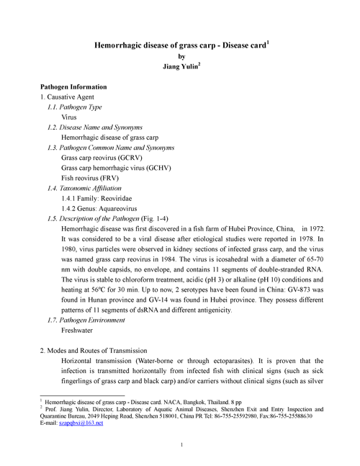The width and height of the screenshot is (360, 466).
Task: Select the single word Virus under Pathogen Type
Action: pos(69,116)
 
